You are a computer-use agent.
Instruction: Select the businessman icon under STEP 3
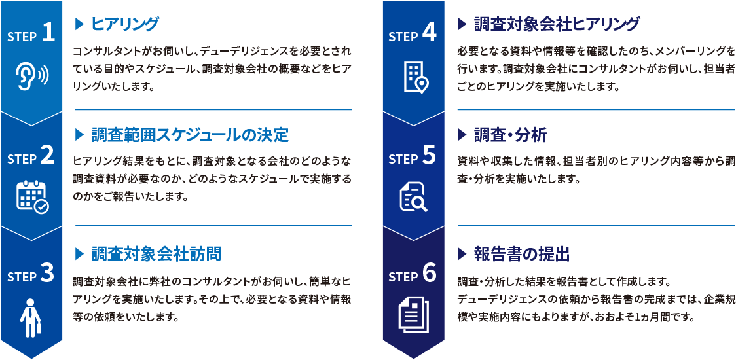[x=31, y=317]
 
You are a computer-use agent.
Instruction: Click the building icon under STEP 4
[x=416, y=77]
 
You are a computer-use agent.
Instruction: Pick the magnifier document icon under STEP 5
[x=413, y=197]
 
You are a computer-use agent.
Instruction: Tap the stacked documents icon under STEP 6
[x=414, y=314]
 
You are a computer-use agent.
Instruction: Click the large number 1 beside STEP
[x=49, y=35]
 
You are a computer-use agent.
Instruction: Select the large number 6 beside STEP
[x=430, y=274]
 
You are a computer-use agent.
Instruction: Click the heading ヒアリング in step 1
[x=125, y=24]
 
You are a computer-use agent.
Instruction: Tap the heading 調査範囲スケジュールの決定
[x=190, y=136]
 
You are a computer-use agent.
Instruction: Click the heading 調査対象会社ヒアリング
[x=557, y=24]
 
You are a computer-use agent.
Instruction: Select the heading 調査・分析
[x=510, y=136]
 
